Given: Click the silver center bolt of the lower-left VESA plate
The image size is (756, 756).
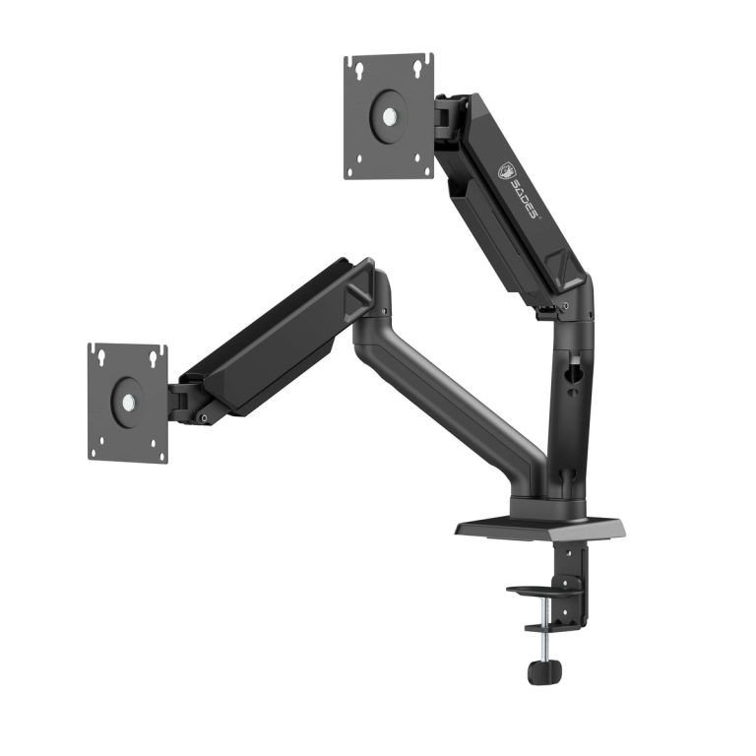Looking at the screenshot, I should pyautogui.click(x=127, y=402).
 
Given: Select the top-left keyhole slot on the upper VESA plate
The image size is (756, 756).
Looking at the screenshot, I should pyautogui.click(x=358, y=69).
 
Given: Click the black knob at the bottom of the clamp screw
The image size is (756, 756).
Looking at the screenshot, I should pyautogui.click(x=543, y=671).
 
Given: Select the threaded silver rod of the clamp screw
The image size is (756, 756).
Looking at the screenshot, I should pyautogui.click(x=542, y=645).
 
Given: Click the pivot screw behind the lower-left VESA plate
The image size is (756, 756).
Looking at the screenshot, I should pyautogui.click(x=203, y=417).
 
